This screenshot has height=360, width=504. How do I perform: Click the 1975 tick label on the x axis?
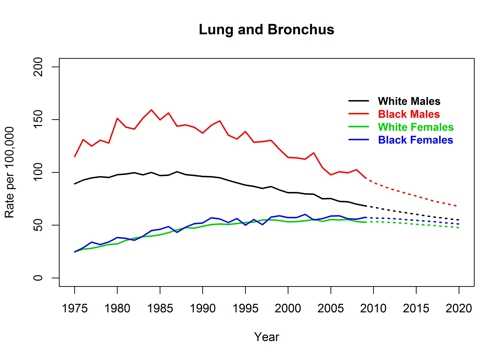75,306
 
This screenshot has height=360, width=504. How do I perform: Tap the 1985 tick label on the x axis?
160,306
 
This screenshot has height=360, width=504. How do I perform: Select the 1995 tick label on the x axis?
246,306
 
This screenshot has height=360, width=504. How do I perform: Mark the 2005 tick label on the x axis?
331,306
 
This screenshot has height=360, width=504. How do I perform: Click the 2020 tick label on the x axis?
459,306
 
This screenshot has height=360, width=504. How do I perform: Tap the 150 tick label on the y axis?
41,120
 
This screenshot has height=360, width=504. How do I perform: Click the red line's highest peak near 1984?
152,110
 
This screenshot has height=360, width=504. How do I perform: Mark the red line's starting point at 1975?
75,157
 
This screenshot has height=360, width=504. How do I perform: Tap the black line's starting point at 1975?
75,184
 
